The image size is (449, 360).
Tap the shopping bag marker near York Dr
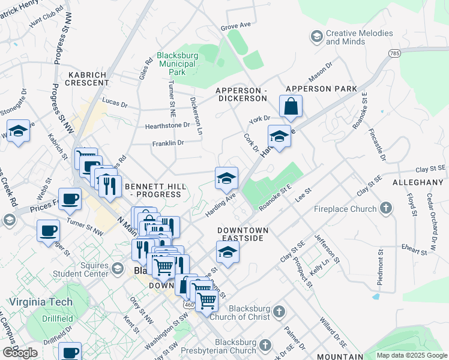(x=291, y=107)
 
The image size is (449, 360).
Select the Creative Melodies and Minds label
(x=358, y=37)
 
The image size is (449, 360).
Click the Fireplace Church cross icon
(x=386, y=209)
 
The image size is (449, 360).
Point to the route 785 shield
(x=394, y=54)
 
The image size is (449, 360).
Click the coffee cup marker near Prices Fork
(x=70, y=200)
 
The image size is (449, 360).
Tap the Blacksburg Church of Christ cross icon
(x=279, y=311)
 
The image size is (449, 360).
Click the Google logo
(x=20, y=353)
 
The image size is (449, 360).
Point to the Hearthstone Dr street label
(x=167, y=125)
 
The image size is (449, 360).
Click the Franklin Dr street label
(x=168, y=143)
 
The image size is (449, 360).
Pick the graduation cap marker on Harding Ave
(x=226, y=178)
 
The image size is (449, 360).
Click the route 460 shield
(x=189, y=305)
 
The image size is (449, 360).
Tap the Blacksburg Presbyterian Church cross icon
(x=267, y=346)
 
